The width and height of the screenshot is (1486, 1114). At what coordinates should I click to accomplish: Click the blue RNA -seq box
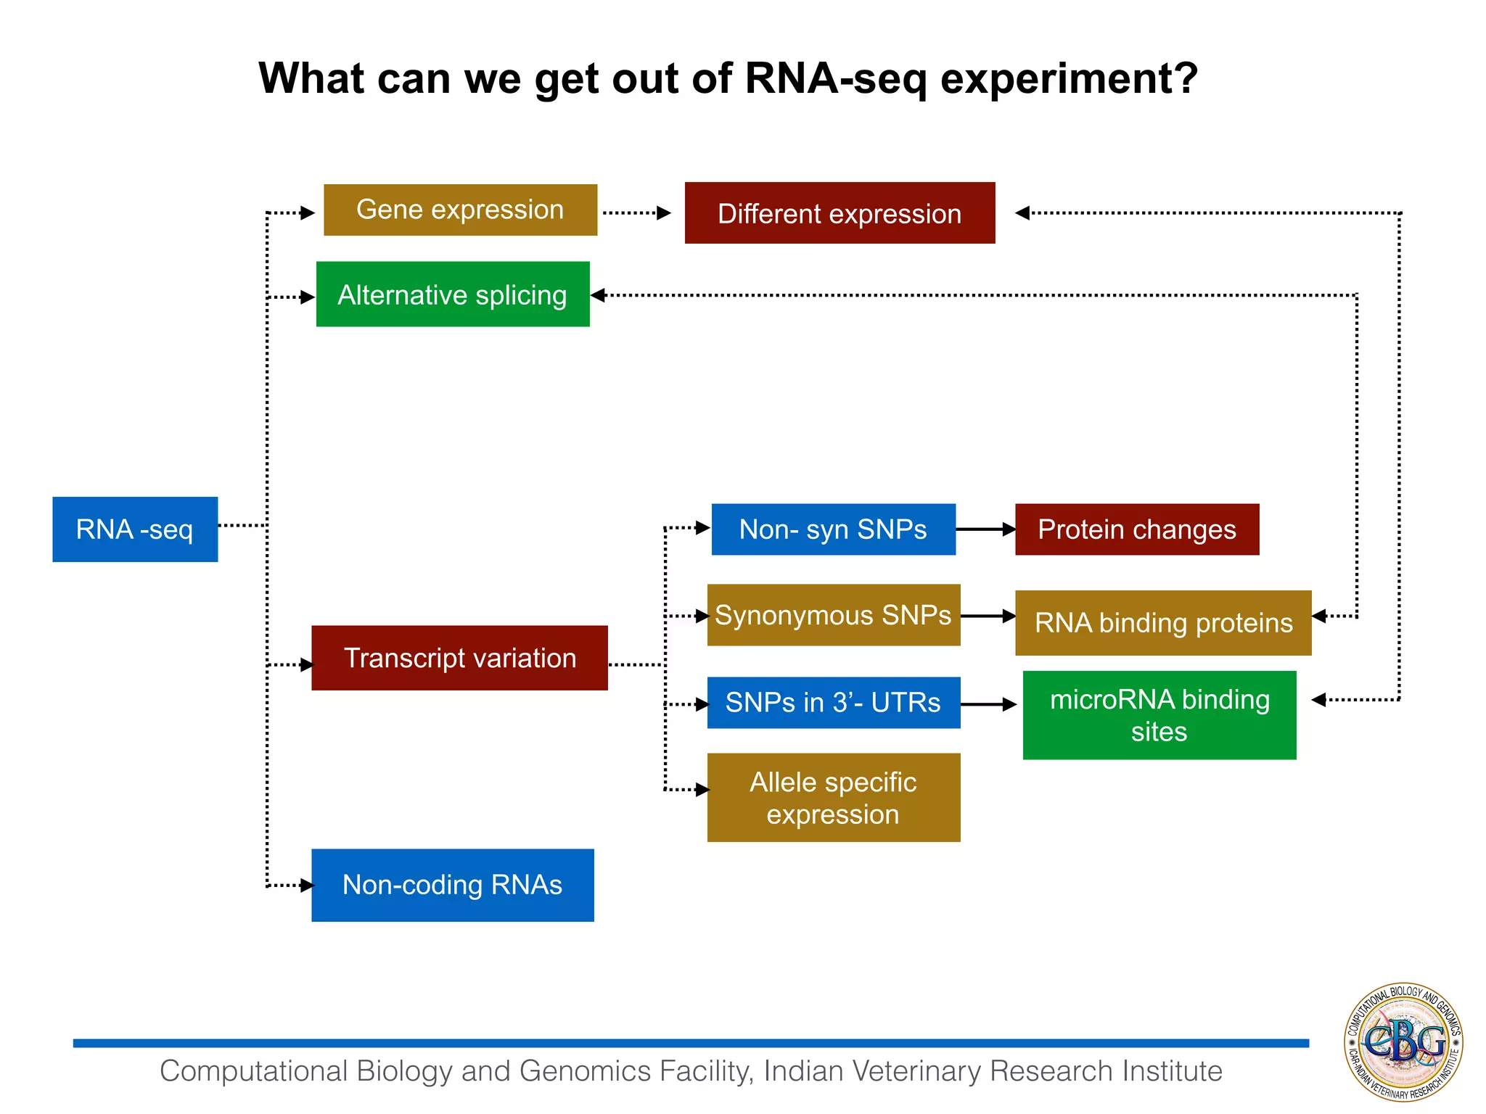coord(135,529)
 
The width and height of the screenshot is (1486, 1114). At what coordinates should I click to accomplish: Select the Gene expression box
coord(460,210)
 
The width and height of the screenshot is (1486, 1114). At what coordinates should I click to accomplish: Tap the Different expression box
coord(840,213)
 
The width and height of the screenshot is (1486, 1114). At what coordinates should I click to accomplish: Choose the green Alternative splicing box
coord(453,294)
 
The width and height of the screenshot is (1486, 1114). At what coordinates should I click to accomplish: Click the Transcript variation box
coord(459,658)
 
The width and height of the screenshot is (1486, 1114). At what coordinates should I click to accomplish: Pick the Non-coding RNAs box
coord(453,885)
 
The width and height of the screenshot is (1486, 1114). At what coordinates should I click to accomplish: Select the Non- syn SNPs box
coord(833,529)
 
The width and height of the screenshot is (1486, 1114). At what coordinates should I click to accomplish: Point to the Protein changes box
coord(1136,529)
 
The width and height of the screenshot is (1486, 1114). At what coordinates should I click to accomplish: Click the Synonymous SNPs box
coord(833,615)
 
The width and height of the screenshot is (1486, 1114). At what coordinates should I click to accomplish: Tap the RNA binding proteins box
coord(1162,623)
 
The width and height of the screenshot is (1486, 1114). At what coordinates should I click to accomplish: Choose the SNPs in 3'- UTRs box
coord(833,703)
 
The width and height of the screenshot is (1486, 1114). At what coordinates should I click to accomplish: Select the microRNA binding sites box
coord(1159,715)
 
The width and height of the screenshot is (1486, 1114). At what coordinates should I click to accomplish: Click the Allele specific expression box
coord(833,798)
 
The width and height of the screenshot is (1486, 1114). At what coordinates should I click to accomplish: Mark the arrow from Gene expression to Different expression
coord(636,213)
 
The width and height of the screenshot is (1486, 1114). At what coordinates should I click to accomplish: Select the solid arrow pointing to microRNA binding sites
coord(988,704)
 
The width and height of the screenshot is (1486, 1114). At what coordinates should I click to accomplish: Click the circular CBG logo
coord(1403,1042)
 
